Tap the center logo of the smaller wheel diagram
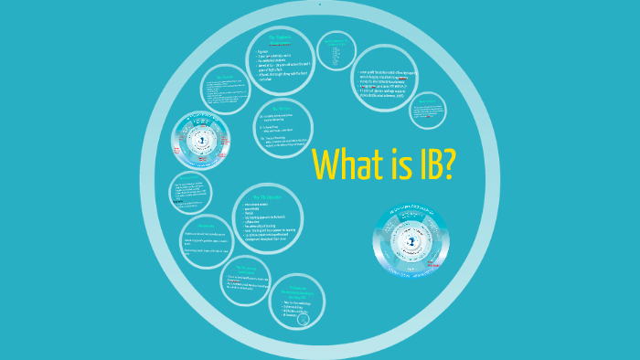[x=201, y=142]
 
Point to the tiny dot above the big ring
[x=320, y=4]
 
